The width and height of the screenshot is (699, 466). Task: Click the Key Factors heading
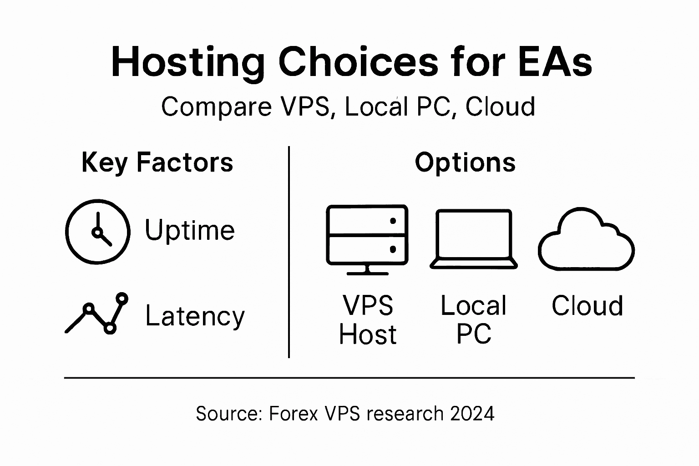(x=157, y=162)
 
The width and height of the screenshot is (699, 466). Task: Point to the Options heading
(x=465, y=162)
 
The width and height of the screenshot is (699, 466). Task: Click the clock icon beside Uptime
(x=98, y=232)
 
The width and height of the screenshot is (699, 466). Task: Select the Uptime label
(x=190, y=230)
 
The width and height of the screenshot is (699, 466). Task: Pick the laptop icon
(x=474, y=239)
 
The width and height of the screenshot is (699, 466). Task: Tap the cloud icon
(x=586, y=240)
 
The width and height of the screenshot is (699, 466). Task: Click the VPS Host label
(x=368, y=320)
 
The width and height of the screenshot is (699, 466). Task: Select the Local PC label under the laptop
(x=473, y=320)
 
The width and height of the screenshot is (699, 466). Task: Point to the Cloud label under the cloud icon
(x=587, y=306)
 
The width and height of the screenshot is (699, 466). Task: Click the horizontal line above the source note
(x=349, y=378)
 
